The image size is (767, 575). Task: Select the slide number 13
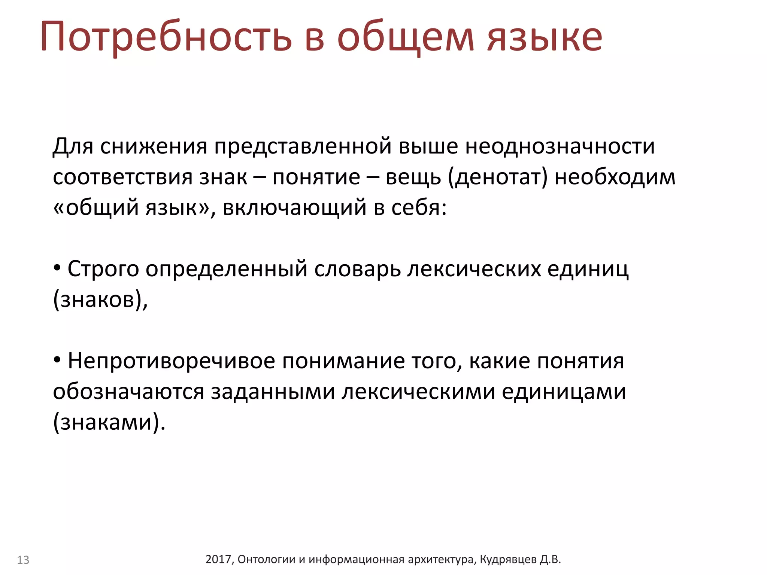click(23, 560)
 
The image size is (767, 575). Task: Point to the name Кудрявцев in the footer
click(508, 559)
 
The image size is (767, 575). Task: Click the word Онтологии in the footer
click(267, 559)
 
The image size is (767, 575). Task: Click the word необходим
click(615, 177)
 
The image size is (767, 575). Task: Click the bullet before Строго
click(57, 268)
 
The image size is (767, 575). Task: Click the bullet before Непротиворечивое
click(57, 360)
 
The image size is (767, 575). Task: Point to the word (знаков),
click(100, 299)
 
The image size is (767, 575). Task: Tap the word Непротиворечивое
click(171, 361)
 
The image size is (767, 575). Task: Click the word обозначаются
click(128, 392)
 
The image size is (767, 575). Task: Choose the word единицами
click(564, 392)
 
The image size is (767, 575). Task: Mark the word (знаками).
click(109, 422)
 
